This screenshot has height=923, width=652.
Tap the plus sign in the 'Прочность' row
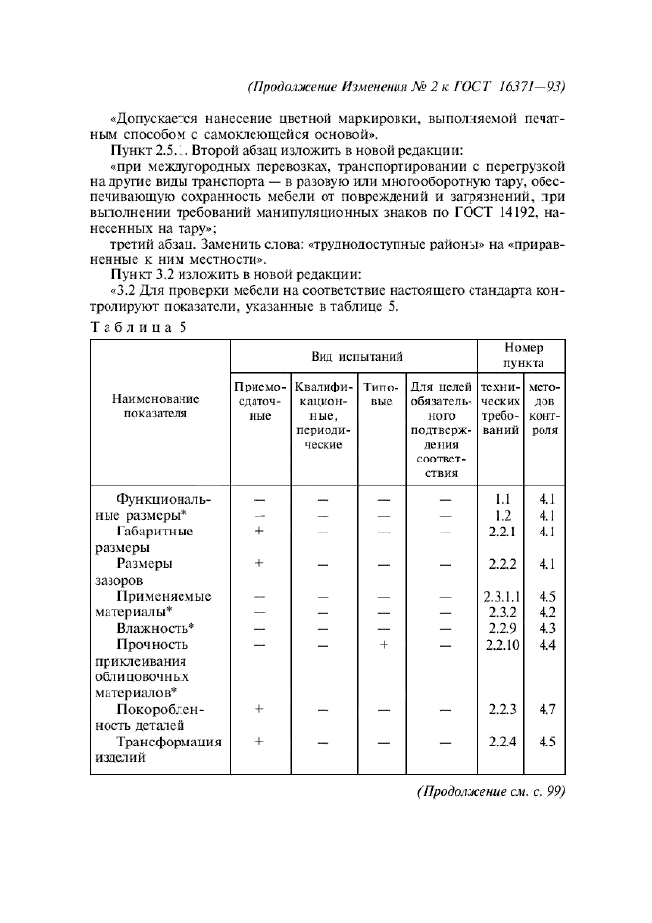point(384,645)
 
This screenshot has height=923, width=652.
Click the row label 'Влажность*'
point(155,628)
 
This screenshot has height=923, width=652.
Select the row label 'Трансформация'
point(169,742)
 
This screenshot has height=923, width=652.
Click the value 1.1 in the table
point(502,499)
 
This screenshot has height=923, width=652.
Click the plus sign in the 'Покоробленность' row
point(259,709)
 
